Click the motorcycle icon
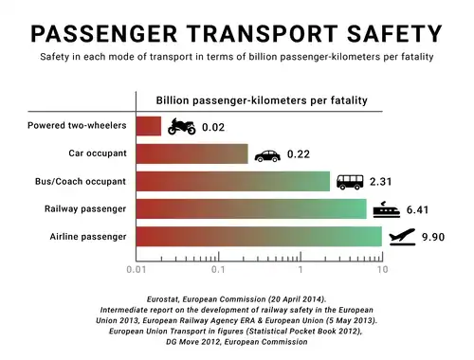pyautogui.click(x=181, y=126)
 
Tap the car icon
pyautogui.click(x=267, y=154)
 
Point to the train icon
pyautogui.click(x=385, y=208)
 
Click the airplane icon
pyautogui.click(x=402, y=237)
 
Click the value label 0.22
pyautogui.click(x=300, y=154)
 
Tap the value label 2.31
pyautogui.click(x=381, y=182)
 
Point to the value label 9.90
pyautogui.click(x=435, y=237)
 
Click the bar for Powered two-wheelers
pyautogui.click(x=150, y=126)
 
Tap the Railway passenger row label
pyautogui.click(x=86, y=208)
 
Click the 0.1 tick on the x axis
pyautogui.click(x=219, y=270)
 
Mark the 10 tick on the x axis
pyautogui.click(x=382, y=270)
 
